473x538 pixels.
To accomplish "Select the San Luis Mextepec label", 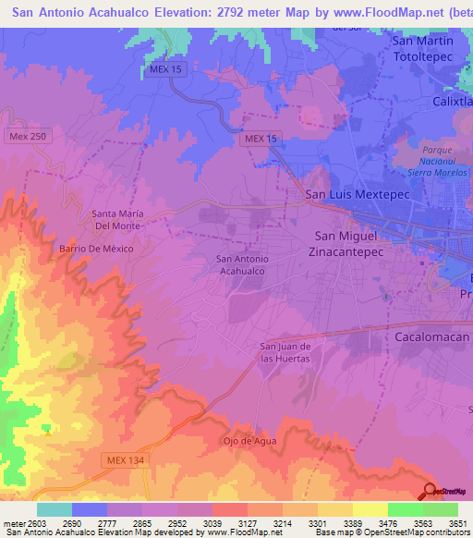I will click(x=349, y=196).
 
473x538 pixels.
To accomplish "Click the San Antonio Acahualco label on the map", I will click(x=241, y=265).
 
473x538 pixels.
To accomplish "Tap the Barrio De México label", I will click(x=97, y=250).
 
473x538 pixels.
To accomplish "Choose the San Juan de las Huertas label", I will click(x=284, y=352).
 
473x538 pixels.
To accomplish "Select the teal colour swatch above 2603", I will click(x=54, y=509).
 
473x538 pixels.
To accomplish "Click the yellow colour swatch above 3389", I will click(x=370, y=509).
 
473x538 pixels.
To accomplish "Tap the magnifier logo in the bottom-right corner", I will click(x=431, y=490).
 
